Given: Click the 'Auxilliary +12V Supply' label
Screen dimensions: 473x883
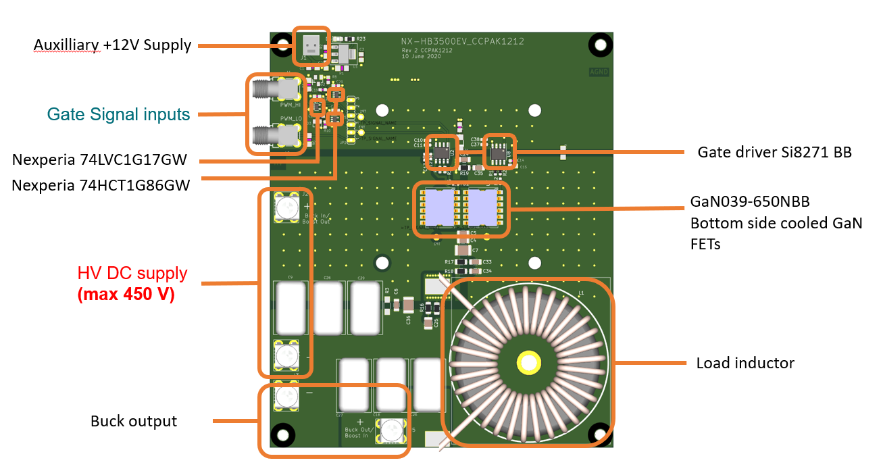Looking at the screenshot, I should tap(112, 45).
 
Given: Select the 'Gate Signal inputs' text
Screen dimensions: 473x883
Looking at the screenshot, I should tap(118, 115).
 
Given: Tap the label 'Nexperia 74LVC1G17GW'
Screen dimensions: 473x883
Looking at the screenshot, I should tap(99, 159).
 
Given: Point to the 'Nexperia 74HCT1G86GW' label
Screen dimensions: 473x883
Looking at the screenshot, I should tap(101, 184).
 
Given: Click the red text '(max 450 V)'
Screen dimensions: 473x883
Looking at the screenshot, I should tap(126, 295).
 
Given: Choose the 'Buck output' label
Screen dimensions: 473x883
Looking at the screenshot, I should tap(134, 421).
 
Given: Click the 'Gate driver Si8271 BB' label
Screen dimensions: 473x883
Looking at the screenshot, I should tap(774, 152).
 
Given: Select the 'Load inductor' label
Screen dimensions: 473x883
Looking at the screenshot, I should tap(745, 363).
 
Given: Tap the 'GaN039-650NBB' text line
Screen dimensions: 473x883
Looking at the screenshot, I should tap(750, 201).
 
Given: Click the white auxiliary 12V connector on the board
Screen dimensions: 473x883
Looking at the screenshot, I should tap(311, 45).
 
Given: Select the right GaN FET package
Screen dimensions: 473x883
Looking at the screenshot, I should tap(482, 207).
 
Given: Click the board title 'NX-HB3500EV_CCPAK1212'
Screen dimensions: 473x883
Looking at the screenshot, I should tap(462, 42).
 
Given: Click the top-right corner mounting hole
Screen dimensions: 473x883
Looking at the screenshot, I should tap(598, 45).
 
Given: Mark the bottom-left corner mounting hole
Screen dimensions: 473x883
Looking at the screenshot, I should tap(284, 434).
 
